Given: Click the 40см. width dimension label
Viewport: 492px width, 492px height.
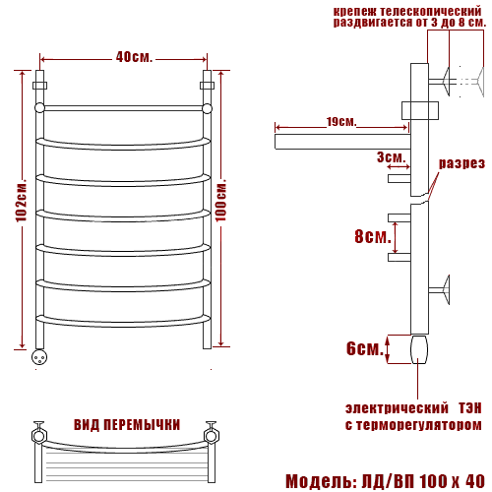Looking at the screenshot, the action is click(134, 57).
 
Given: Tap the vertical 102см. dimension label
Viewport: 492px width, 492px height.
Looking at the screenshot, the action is click(22, 201).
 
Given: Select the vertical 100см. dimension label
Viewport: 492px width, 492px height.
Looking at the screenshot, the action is click(221, 201).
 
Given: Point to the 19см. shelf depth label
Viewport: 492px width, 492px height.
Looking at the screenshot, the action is click(341, 122).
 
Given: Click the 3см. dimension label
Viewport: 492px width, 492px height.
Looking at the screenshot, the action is click(391, 157).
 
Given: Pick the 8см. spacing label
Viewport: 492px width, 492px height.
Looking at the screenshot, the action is click(373, 236).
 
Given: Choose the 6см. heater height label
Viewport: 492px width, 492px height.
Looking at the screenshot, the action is click(365, 348).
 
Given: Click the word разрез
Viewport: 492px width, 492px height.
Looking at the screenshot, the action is click(461, 163).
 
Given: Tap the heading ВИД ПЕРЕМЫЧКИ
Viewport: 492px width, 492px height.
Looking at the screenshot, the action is click(127, 425).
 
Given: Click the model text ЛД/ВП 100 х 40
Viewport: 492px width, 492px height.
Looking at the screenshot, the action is click(423, 481).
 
